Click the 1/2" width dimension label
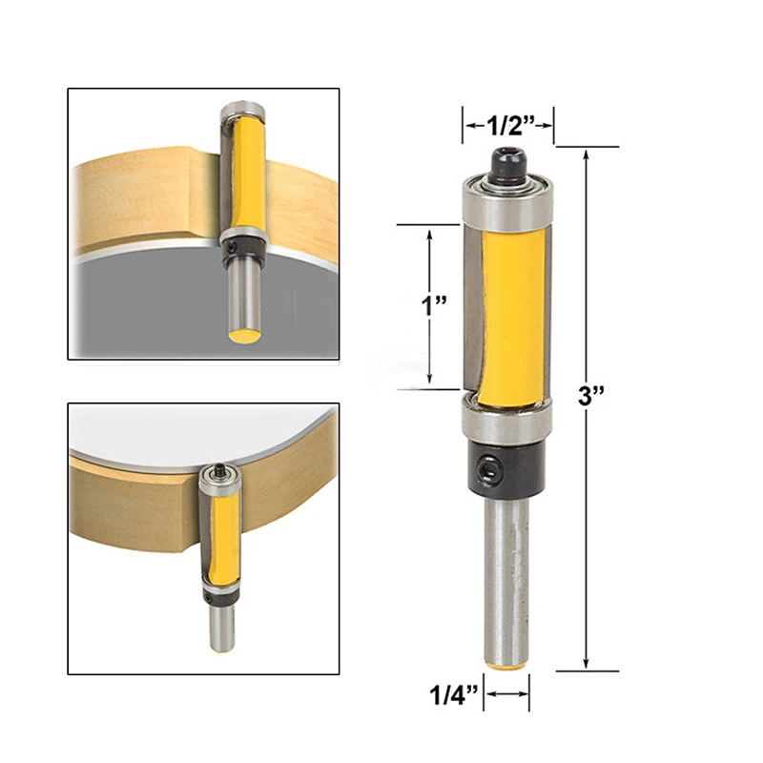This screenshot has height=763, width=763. click(508, 123)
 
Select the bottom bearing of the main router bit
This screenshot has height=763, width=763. click(506, 418)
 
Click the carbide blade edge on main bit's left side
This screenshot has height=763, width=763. click(469, 305)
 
